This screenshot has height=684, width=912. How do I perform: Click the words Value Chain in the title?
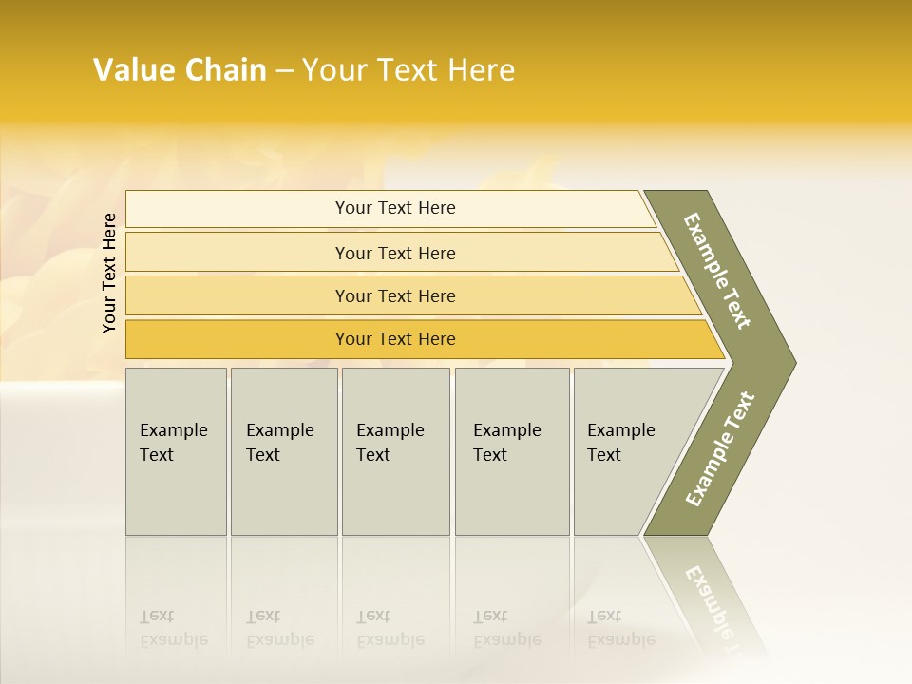tap(180, 70)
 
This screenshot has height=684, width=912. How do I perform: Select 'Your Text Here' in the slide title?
tap(408, 70)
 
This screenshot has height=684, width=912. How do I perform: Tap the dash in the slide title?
tap(283, 71)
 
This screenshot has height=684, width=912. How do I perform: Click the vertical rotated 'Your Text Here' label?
tap(109, 274)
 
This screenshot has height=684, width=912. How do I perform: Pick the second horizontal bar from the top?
tap(394, 253)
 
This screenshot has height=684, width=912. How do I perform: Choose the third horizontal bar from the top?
tap(394, 295)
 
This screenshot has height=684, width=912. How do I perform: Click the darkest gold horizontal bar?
tap(394, 339)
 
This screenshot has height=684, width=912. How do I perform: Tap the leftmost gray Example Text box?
tap(176, 450)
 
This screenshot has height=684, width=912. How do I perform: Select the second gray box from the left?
tap(283, 450)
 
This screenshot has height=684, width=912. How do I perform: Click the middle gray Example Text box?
tap(395, 450)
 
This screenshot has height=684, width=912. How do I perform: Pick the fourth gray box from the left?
tap(512, 450)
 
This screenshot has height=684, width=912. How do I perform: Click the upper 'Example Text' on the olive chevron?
tap(717, 271)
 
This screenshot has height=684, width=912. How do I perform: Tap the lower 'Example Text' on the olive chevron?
tap(719, 449)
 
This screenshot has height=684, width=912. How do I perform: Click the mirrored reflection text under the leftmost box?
tap(173, 628)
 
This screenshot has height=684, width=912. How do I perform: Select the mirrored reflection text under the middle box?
tap(389, 628)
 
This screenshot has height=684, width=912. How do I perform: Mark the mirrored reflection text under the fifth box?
tap(620, 628)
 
